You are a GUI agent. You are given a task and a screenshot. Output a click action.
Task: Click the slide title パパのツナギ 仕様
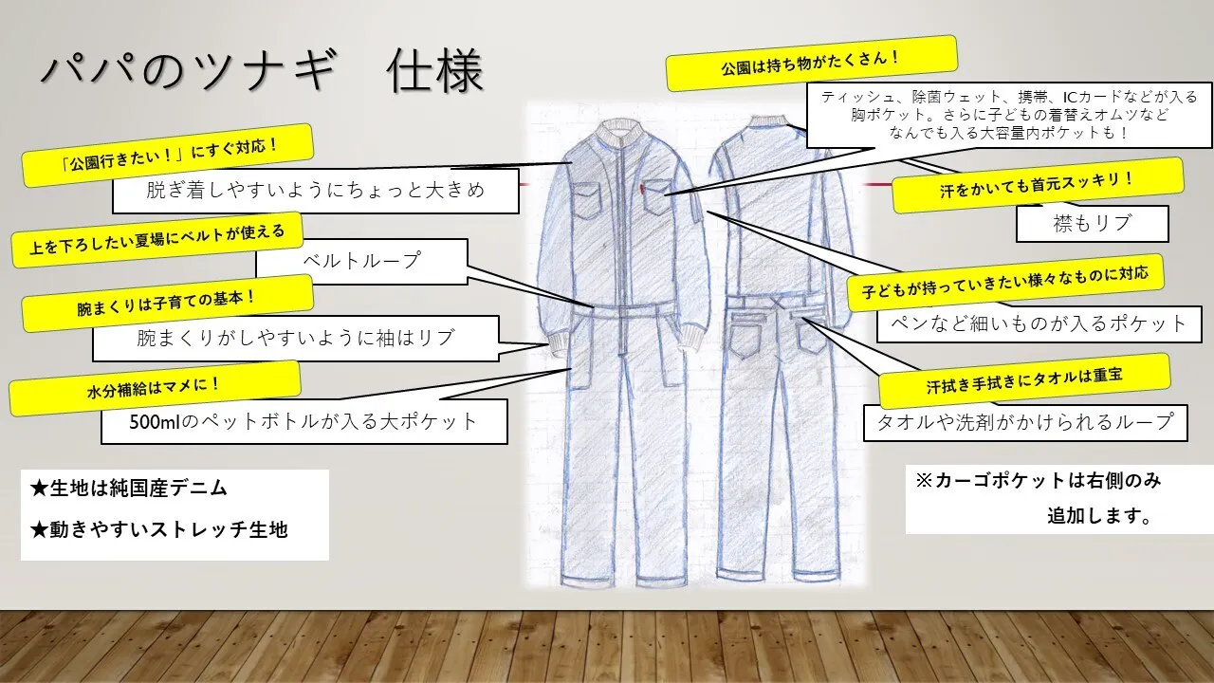tap(262, 71)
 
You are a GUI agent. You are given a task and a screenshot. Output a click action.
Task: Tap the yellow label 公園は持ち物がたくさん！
tap(811, 63)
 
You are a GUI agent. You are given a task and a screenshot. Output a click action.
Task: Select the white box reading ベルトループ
tap(361, 260)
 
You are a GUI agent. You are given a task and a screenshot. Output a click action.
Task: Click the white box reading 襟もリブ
tap(1091, 224)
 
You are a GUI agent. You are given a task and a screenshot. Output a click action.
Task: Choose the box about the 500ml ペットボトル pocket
tap(303, 421)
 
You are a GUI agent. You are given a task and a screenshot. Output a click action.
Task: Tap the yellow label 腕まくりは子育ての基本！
tap(167, 304)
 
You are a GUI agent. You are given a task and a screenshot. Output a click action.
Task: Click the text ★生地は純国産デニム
tap(129, 489)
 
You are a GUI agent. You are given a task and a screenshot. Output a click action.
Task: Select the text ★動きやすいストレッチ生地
tap(158, 528)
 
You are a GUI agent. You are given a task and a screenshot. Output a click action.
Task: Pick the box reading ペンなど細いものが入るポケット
tap(1032, 323)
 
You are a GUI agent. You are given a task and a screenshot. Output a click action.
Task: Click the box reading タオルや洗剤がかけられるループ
tap(1024, 421)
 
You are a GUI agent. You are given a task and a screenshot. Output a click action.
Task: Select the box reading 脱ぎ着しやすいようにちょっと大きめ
tap(315, 191)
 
